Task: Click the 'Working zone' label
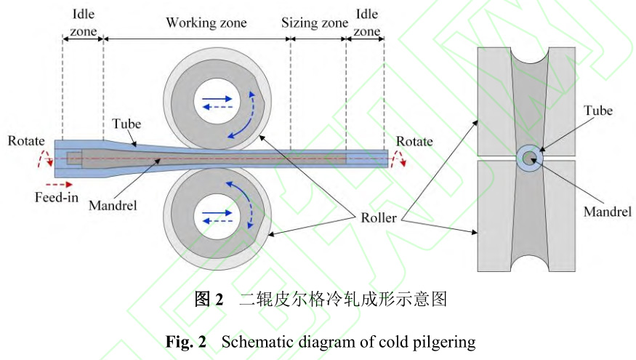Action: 206,23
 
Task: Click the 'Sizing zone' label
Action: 314,23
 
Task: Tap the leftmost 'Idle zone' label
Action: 83,22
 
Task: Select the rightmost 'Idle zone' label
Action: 367,22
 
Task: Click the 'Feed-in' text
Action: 56,197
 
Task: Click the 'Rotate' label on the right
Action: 414,141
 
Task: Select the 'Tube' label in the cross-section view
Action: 598,111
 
